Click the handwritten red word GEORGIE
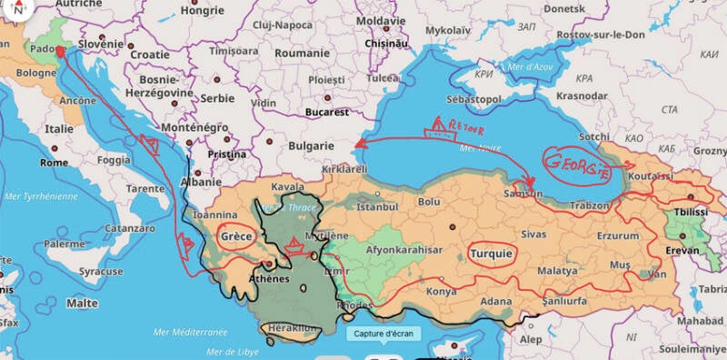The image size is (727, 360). click(576, 162)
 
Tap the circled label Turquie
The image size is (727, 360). click(491, 253)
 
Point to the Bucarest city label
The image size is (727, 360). click(328, 112)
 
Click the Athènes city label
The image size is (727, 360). click(270, 278)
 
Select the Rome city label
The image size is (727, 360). click(54, 162)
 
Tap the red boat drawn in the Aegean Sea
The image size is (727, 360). click(294, 244)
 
